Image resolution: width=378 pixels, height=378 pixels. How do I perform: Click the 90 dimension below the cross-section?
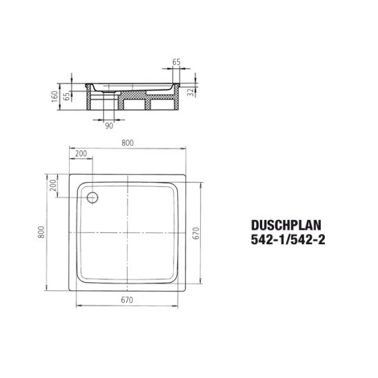110,124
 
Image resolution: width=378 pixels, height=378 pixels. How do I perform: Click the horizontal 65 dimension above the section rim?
177,61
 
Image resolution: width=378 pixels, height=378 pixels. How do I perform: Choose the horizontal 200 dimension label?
81,153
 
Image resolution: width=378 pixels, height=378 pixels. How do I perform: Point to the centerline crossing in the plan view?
128,233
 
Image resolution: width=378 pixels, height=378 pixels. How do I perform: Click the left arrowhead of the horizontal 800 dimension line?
71,148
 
